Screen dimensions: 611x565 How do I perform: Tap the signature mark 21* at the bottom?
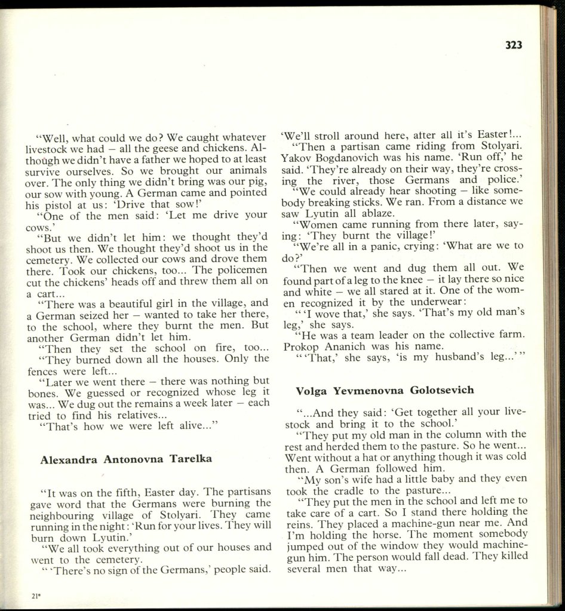point(29,595)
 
